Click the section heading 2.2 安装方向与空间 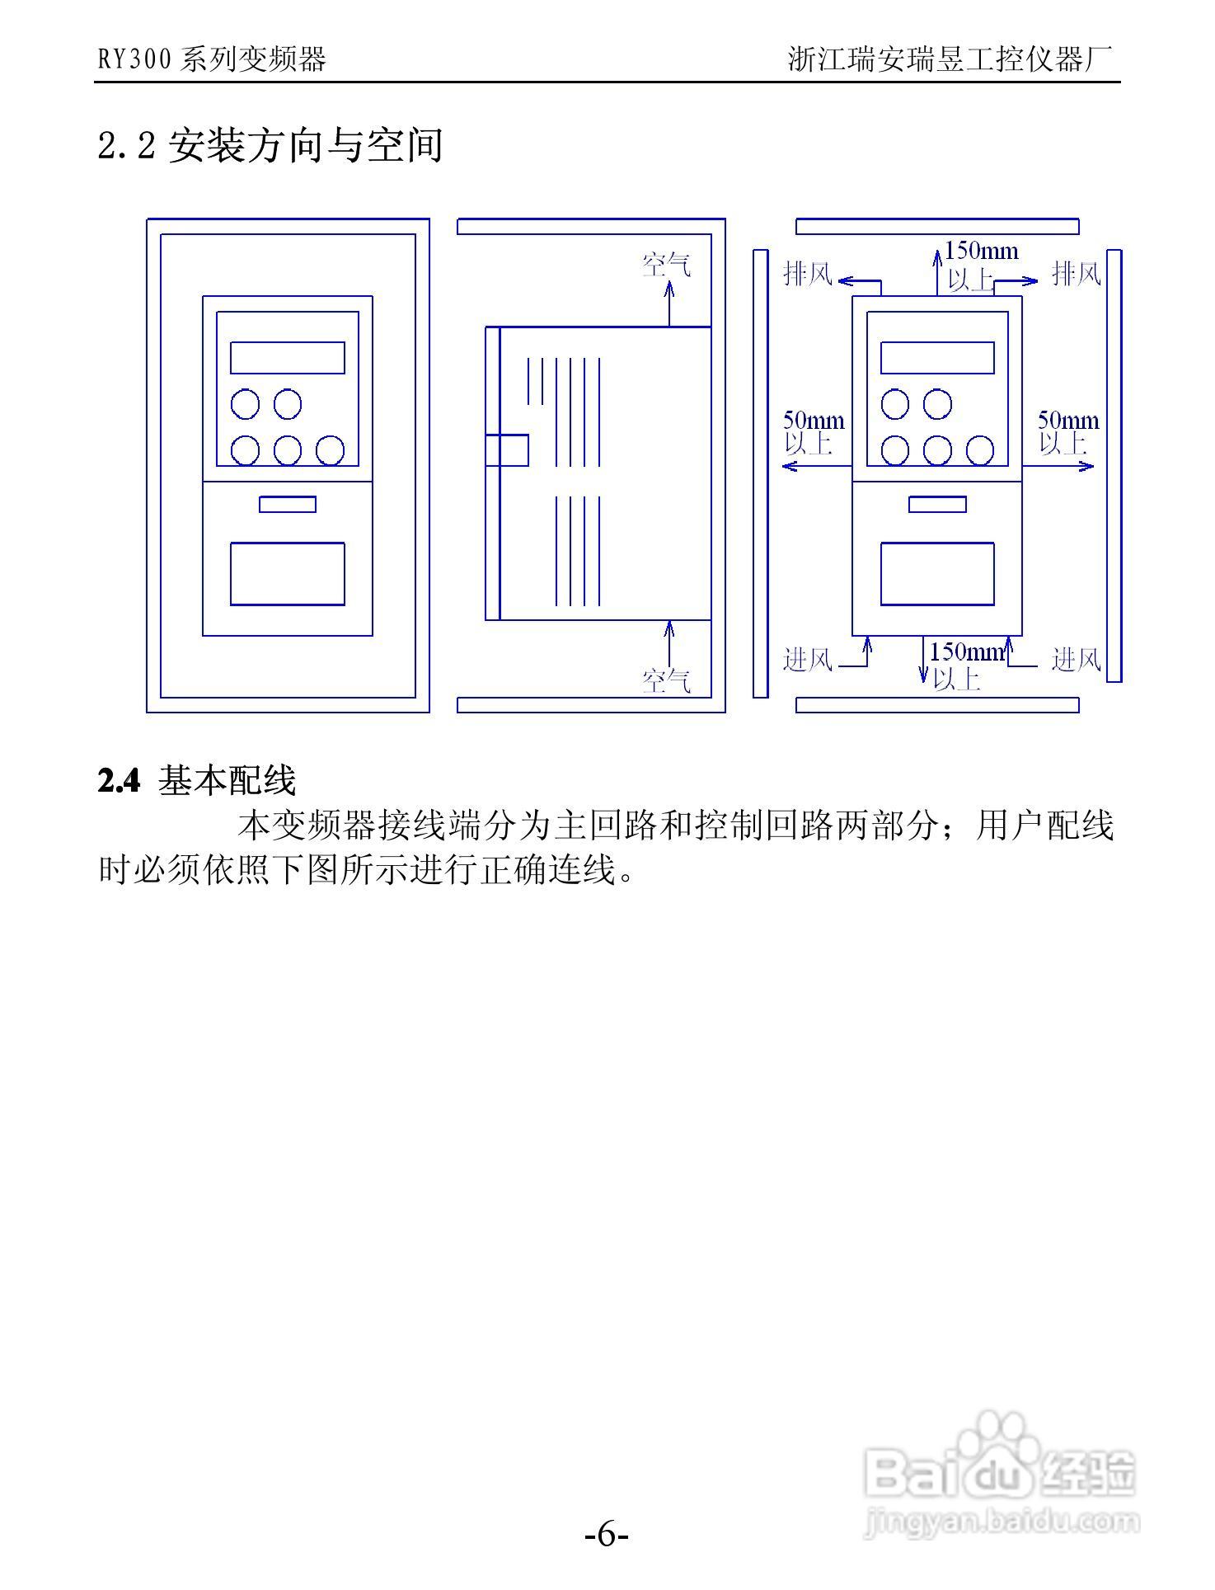tap(270, 146)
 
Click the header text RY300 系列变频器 tap(212, 59)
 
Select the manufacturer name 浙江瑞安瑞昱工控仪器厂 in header tap(950, 59)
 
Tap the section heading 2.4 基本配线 tap(196, 780)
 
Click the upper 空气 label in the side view tap(666, 265)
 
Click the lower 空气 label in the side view tap(666, 681)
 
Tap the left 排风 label tap(808, 273)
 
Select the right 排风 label tap(1077, 273)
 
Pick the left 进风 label tap(808, 660)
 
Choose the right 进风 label tap(1077, 660)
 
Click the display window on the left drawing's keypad tap(287, 358)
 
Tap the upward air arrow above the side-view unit tap(668, 303)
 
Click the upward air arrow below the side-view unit tap(668, 644)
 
